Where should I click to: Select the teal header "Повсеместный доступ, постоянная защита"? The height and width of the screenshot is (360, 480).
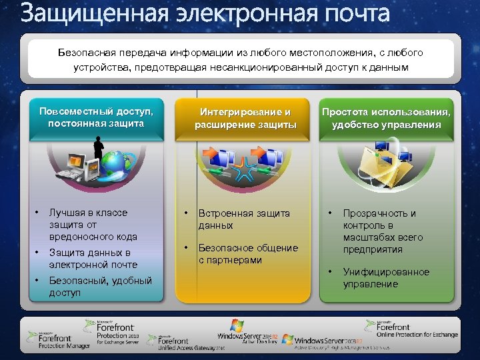(x=100, y=117)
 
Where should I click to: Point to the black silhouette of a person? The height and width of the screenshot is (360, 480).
(x=99, y=148)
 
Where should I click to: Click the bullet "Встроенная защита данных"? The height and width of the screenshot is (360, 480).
(x=244, y=219)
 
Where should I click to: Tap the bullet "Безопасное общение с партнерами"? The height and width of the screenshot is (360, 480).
(x=248, y=254)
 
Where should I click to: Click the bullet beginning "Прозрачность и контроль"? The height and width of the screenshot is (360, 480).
(x=383, y=231)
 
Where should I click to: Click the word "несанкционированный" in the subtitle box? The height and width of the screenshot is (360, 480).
(x=267, y=67)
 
